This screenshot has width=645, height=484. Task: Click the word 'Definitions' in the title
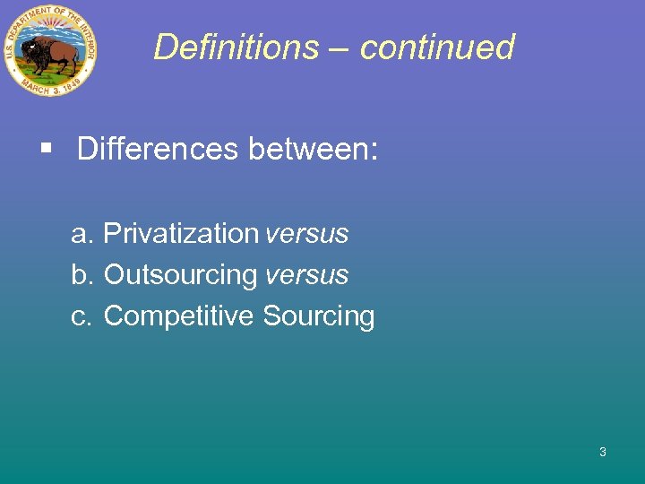coord(235,47)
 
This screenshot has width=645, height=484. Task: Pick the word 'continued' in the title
coord(437,47)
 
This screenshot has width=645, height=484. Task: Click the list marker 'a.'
coord(82,234)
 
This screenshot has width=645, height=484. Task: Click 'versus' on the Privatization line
coord(307,234)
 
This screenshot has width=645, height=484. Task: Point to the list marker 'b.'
coord(82,275)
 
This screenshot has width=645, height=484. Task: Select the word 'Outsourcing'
coord(180,275)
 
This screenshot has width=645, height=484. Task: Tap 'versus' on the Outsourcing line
coord(307,275)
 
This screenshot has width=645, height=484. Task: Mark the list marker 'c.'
coord(82,316)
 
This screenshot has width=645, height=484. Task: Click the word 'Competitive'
coord(179,316)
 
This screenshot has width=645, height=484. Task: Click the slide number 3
coord(603,452)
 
